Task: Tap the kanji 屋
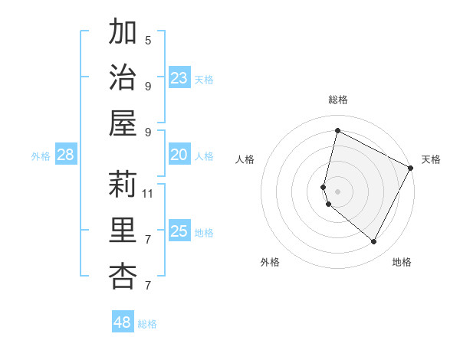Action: pos(123,122)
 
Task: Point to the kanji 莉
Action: pos(123,184)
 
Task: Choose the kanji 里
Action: pos(123,230)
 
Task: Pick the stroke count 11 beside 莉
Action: pos(148,193)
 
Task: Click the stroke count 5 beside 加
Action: pos(148,40)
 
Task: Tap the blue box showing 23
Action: pos(179,77)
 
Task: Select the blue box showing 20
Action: pos(179,155)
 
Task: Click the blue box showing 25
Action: pos(179,231)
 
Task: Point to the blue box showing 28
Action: pos(65,155)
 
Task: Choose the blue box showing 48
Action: pos(122,322)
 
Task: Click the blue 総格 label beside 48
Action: pos(147,324)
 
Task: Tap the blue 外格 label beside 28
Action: pos(41,156)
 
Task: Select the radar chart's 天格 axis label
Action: pos(431,159)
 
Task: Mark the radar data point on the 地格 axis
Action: pos(373,241)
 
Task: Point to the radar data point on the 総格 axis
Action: pos(337,131)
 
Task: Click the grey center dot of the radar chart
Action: pos(337,191)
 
